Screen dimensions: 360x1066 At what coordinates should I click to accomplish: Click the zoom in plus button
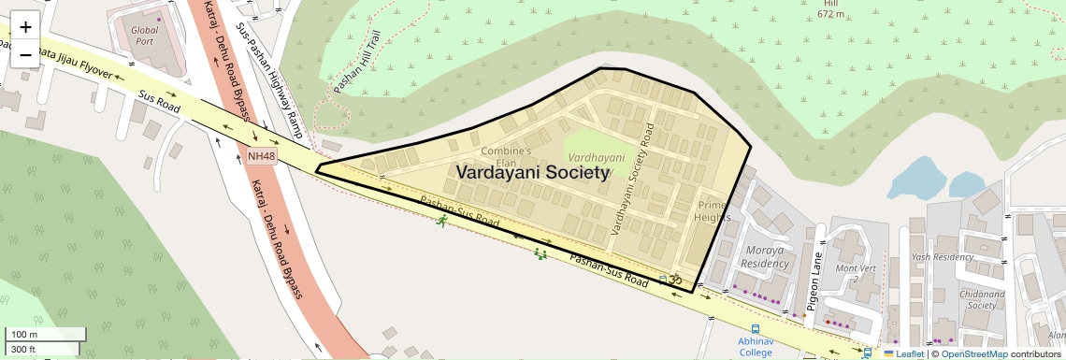tap(25, 27)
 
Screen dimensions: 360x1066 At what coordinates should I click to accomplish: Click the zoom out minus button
tap(25, 54)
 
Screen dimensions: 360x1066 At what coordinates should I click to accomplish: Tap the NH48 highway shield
tap(262, 156)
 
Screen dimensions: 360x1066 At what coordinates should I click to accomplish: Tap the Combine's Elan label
tap(506, 156)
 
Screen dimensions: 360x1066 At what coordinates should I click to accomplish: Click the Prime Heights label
tap(712, 211)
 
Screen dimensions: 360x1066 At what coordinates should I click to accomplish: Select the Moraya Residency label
tap(766, 257)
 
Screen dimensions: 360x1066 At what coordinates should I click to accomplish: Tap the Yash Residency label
tap(943, 257)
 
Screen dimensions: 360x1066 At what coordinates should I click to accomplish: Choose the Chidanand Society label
tap(982, 299)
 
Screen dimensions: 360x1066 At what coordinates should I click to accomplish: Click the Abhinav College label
tap(755, 347)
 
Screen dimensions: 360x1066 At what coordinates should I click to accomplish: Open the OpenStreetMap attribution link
tap(973, 353)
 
